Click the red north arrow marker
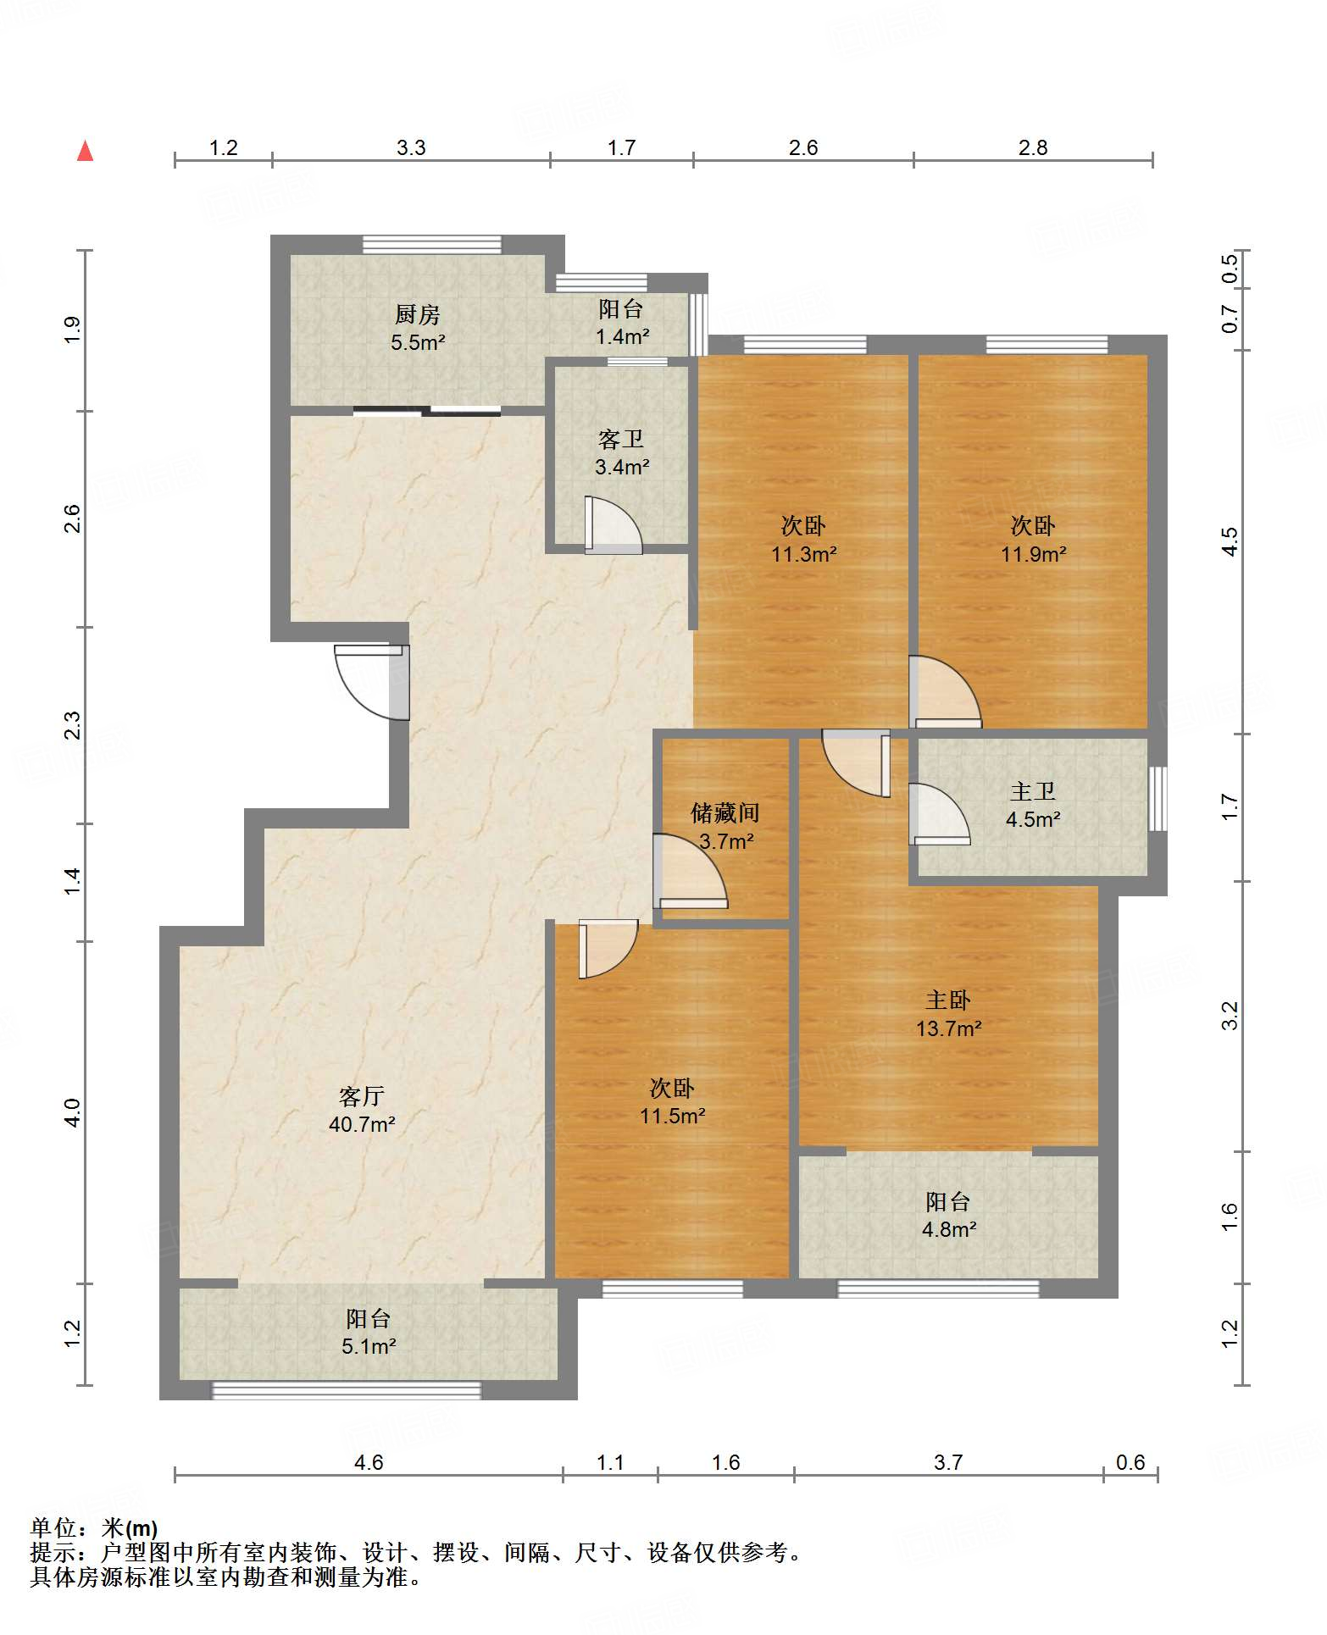tap(85, 151)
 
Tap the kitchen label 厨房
tap(418, 315)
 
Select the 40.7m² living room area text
tap(363, 1125)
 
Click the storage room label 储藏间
tap(725, 813)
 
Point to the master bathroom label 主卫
tap(1033, 791)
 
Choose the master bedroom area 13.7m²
tap(949, 1028)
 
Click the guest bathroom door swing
tap(613, 525)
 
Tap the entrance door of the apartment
tap(373, 683)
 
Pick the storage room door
tap(690, 872)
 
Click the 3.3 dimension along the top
tap(411, 148)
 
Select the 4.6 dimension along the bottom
tap(369, 1463)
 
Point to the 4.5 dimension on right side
tap(1230, 541)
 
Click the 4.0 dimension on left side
tap(72, 1112)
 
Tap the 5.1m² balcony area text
tap(369, 1346)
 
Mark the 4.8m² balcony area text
tap(949, 1229)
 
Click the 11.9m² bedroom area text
tap(1034, 554)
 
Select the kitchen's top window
tap(432, 244)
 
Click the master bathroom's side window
tap(1158, 799)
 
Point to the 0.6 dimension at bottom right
tap(1130, 1463)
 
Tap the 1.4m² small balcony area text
tap(622, 336)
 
